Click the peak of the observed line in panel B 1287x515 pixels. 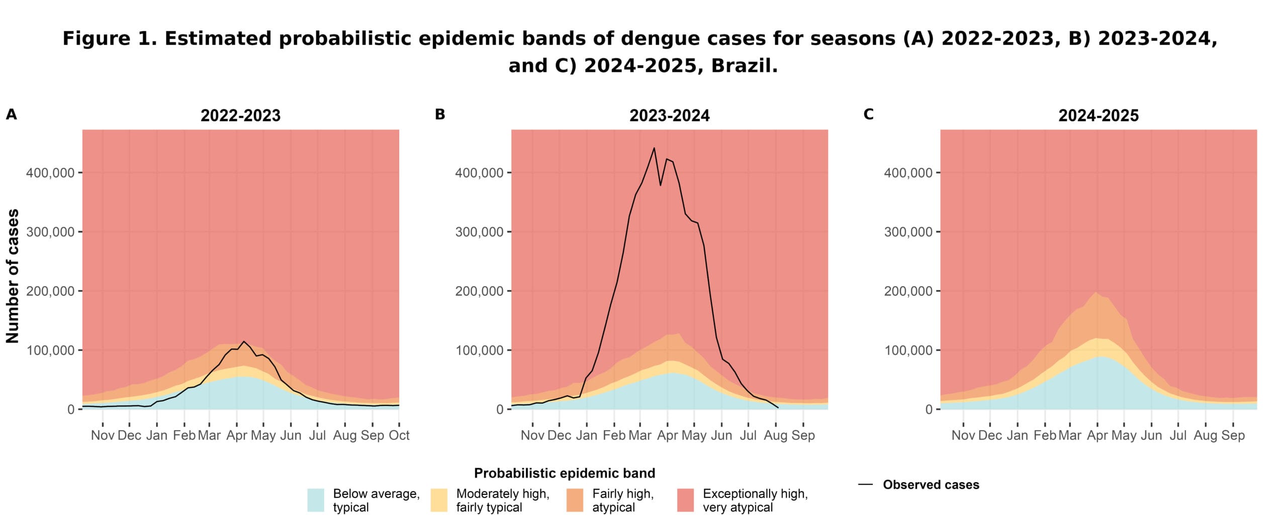(x=654, y=148)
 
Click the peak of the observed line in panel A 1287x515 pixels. (x=244, y=341)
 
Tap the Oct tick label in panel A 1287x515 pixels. (x=399, y=435)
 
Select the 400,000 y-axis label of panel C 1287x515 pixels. (x=908, y=173)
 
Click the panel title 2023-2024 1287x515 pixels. (x=669, y=116)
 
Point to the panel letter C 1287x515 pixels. (x=868, y=115)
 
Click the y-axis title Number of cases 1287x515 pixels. (x=13, y=276)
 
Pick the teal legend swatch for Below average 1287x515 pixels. (x=316, y=500)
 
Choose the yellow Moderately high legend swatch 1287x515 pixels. (x=439, y=500)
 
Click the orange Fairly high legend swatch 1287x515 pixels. (x=575, y=500)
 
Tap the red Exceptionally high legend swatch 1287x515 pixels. (x=685, y=500)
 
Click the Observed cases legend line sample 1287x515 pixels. (x=865, y=485)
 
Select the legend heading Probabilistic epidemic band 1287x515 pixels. (x=564, y=473)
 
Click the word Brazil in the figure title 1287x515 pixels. (x=744, y=66)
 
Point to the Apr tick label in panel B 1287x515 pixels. (x=667, y=435)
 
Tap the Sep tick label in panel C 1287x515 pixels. (x=1233, y=435)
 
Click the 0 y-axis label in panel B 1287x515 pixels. (x=500, y=410)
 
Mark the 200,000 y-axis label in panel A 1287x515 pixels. (x=50, y=291)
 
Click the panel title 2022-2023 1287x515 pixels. (x=240, y=116)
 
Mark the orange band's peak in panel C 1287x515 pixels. (x=1096, y=293)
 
